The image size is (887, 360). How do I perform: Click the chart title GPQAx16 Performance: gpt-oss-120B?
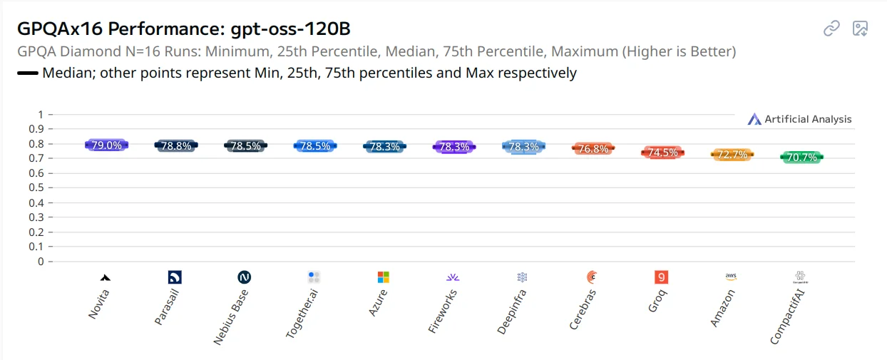click(184, 29)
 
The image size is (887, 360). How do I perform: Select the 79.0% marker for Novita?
click(106, 145)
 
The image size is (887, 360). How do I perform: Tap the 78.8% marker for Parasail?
click(175, 145)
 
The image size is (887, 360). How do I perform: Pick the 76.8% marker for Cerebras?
click(593, 149)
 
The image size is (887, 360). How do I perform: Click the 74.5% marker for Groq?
click(662, 153)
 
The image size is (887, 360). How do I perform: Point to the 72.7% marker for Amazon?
click(732, 155)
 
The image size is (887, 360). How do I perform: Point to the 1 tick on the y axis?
click(41, 115)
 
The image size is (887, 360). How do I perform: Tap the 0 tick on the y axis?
click(41, 262)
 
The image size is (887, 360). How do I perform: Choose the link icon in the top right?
click(831, 29)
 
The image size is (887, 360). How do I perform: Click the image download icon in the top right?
click(861, 29)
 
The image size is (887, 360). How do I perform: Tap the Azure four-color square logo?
click(384, 277)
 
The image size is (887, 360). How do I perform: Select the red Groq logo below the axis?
click(661, 277)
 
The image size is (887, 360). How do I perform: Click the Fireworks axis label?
click(442, 312)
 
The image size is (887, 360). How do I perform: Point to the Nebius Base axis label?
click(231, 317)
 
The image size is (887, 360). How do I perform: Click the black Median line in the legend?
click(27, 73)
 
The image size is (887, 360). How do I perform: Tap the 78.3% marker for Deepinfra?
click(523, 147)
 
